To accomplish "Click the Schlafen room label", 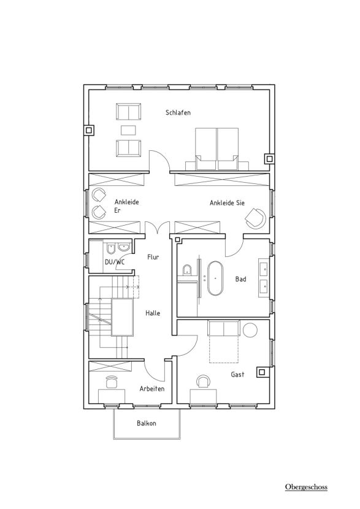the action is tap(178, 113).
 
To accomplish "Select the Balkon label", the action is tap(147, 423).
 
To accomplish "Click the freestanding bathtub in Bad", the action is tap(214, 278).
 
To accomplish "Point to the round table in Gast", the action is tap(250, 330).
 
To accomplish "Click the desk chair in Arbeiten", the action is tap(112, 381).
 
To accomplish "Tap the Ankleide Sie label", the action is tap(227, 203).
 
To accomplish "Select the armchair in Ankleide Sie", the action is tap(256, 218).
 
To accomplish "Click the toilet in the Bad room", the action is tap(186, 270).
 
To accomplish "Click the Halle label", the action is tap(153, 313).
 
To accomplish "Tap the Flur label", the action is tap(153, 257).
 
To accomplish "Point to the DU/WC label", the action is tap(115, 262).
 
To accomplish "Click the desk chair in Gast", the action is tap(203, 381).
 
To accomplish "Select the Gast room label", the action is tap(237, 374).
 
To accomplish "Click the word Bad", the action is tap(241, 279).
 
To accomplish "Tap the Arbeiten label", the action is tap(152, 389).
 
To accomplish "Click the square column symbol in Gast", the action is tap(262, 372).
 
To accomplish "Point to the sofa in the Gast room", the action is tap(224, 328).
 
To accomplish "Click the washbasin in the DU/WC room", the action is tap(123, 247).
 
